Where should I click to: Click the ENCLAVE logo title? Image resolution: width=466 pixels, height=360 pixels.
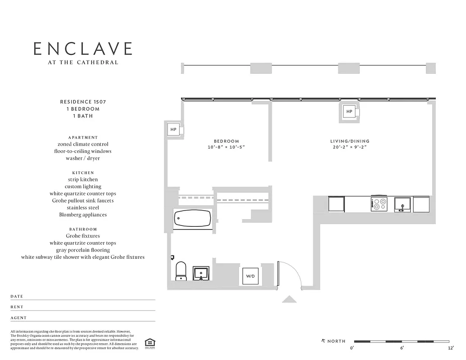(83, 49)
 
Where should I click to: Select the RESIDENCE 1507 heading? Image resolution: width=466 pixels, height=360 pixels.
(83, 102)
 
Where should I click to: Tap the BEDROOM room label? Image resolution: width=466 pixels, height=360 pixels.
(226, 141)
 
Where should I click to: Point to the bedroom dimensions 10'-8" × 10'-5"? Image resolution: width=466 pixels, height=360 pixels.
(226, 148)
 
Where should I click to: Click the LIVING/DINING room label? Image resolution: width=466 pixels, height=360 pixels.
(350, 141)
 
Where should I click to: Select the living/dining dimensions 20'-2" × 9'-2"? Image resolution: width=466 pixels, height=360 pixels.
(350, 148)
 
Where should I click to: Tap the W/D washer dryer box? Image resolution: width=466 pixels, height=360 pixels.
(250, 276)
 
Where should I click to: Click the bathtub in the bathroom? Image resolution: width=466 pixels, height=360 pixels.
(193, 219)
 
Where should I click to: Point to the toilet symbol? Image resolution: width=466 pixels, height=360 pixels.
(181, 271)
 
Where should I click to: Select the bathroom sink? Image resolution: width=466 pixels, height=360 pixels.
(201, 273)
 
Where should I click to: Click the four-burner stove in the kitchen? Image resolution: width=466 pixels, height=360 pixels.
(379, 204)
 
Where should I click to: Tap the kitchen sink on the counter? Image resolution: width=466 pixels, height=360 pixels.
(402, 204)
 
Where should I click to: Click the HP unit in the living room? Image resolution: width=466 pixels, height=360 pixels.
(349, 111)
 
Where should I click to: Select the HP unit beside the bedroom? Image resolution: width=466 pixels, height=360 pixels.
(173, 130)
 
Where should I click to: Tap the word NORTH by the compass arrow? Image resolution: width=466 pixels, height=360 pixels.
(336, 341)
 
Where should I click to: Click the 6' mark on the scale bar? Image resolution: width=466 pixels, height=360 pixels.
(402, 348)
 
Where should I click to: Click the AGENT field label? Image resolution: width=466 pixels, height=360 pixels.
(18, 318)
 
